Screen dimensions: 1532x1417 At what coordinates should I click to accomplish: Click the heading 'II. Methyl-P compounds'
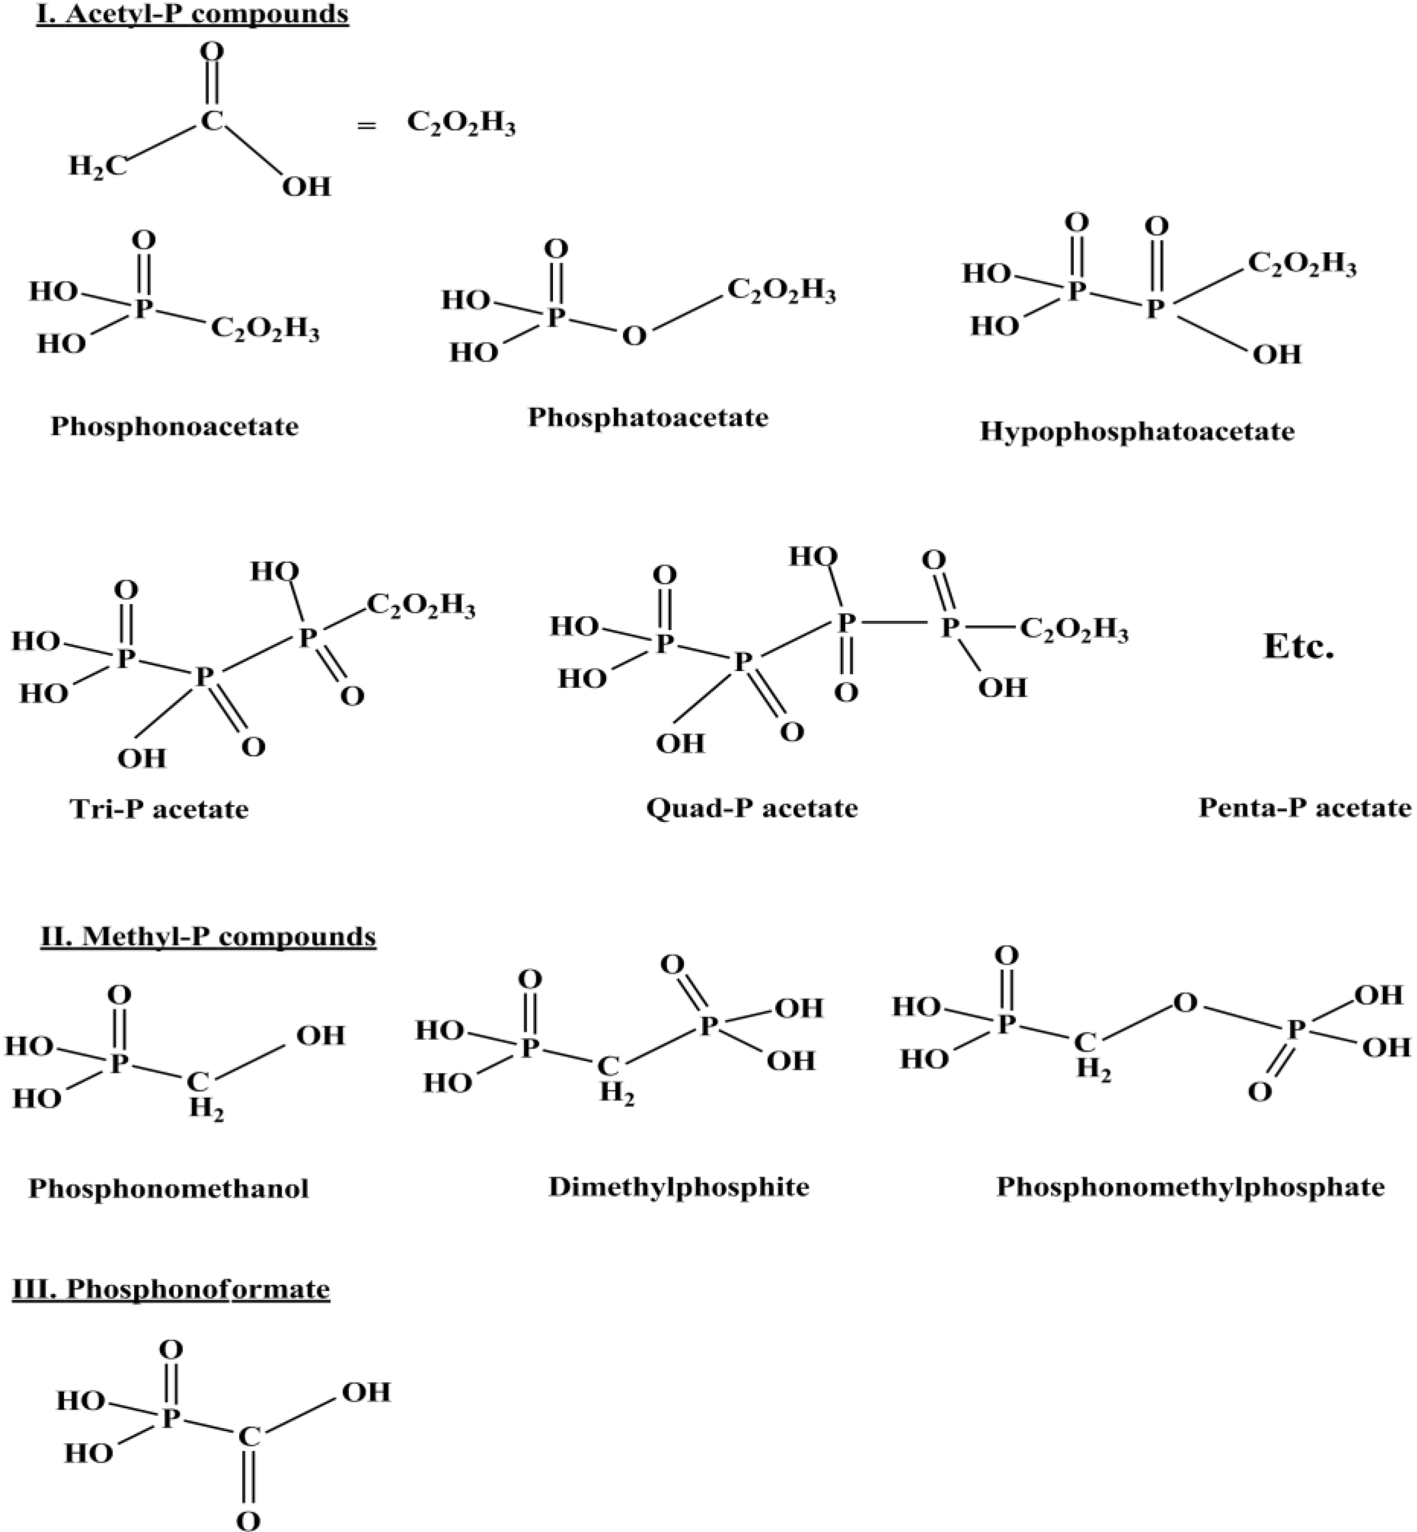[x=208, y=936]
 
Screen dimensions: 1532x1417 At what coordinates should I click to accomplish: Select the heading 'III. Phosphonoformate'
[x=171, y=1289]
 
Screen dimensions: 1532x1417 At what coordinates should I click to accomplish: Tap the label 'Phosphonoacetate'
[x=175, y=426]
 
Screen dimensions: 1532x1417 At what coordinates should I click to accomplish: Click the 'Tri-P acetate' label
[x=159, y=809]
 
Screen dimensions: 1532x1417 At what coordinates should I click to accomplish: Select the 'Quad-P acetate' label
[x=751, y=808]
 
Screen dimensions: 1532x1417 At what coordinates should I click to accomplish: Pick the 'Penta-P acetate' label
[x=1305, y=808]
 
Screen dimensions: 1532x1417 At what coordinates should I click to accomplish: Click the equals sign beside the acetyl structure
[x=367, y=126]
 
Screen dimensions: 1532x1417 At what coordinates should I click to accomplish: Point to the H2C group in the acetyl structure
[x=97, y=165]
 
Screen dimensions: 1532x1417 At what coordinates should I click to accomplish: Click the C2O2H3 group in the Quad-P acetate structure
[x=1074, y=632]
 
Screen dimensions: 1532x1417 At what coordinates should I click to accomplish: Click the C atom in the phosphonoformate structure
[x=248, y=1436]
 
